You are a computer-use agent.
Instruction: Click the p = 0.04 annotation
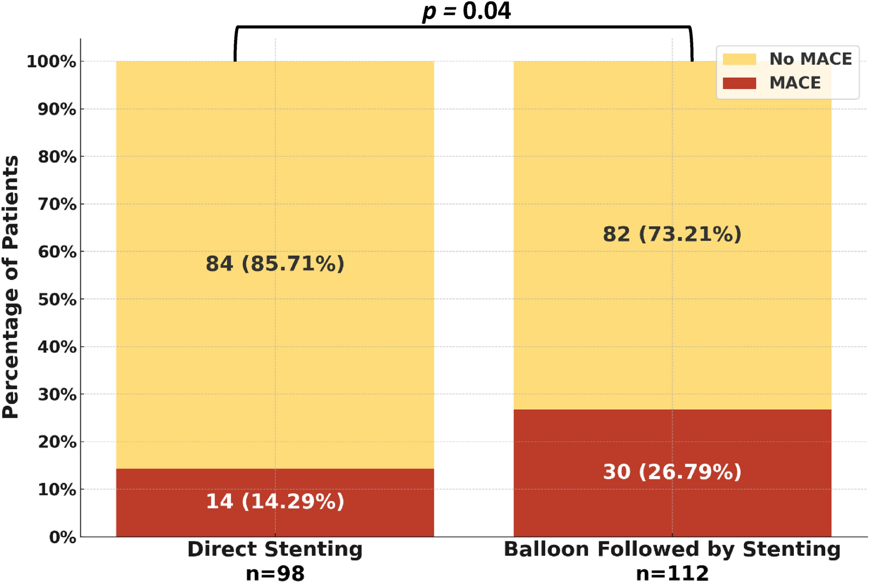pos(466,12)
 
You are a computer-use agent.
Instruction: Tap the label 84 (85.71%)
pos(275,264)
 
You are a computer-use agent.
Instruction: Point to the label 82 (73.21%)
pos(672,234)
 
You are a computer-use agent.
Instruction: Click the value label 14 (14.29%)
pos(275,501)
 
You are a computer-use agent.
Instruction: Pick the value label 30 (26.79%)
pos(672,472)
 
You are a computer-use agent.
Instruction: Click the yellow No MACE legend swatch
pos(739,59)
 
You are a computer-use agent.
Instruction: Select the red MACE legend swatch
pos(739,83)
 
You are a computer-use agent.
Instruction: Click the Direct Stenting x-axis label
pos(275,549)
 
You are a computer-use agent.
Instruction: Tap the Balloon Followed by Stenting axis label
pos(672,549)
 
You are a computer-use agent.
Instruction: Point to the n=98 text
pos(275,573)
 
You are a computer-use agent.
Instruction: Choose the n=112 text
pos(672,573)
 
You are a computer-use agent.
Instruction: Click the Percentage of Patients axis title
pos(11,287)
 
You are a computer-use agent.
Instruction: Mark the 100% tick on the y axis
pos(52,62)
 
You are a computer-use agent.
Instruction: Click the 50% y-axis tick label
pos(57,299)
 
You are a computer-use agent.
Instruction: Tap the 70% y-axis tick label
pos(57,204)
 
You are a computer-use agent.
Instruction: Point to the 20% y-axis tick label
pos(57,442)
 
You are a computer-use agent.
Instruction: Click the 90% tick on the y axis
pos(57,109)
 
